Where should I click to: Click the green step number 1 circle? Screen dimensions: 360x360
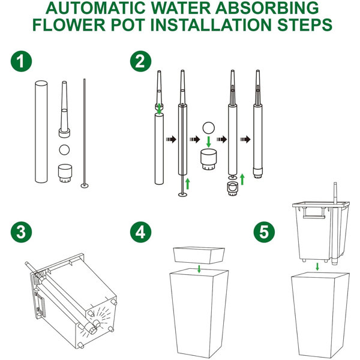click(22, 61)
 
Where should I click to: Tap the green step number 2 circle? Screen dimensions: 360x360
click(140, 61)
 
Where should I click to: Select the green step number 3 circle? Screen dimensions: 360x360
click(22, 232)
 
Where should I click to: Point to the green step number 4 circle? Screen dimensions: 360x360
click(140, 232)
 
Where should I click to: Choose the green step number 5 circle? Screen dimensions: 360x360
click(264, 232)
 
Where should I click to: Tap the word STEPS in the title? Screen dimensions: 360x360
click(305, 25)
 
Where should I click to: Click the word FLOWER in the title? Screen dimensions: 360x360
click(69, 25)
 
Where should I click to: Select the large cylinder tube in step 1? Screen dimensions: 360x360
click(41, 131)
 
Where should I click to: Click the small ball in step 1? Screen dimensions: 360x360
click(64, 149)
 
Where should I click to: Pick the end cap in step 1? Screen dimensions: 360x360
click(65, 173)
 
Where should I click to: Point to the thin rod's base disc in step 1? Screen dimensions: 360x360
click(85, 185)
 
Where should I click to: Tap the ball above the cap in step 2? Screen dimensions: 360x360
click(208, 128)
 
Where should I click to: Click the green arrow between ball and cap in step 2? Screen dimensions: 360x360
click(208, 142)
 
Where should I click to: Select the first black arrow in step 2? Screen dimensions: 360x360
click(171, 139)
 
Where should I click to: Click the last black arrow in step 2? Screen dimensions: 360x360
click(245, 139)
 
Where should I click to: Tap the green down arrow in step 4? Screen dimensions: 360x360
click(199, 269)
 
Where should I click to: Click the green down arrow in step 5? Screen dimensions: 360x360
click(317, 266)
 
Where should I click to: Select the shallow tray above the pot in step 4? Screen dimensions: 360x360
click(199, 256)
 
